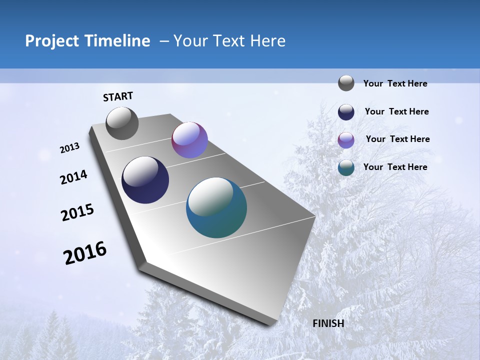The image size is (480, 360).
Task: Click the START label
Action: [118, 96]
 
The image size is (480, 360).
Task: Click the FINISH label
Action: [328, 323]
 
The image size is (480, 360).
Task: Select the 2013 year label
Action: [70, 148]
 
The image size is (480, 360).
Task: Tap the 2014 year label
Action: [73, 177]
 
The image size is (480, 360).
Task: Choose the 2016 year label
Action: [85, 253]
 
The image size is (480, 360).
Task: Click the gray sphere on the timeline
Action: [122, 123]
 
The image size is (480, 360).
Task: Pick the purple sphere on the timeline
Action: [189, 140]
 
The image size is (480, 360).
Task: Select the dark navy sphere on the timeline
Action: [145, 180]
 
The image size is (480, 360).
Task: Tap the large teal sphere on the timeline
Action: [216, 207]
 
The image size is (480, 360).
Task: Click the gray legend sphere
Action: [346, 83]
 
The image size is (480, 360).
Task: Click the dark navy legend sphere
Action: [346, 112]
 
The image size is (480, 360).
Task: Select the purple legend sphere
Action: [346, 140]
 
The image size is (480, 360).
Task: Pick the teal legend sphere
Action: [346, 167]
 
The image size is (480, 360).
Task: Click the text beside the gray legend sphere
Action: [395, 83]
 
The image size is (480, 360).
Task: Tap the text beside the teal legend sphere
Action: [395, 167]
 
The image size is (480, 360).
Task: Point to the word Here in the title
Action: [267, 41]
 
